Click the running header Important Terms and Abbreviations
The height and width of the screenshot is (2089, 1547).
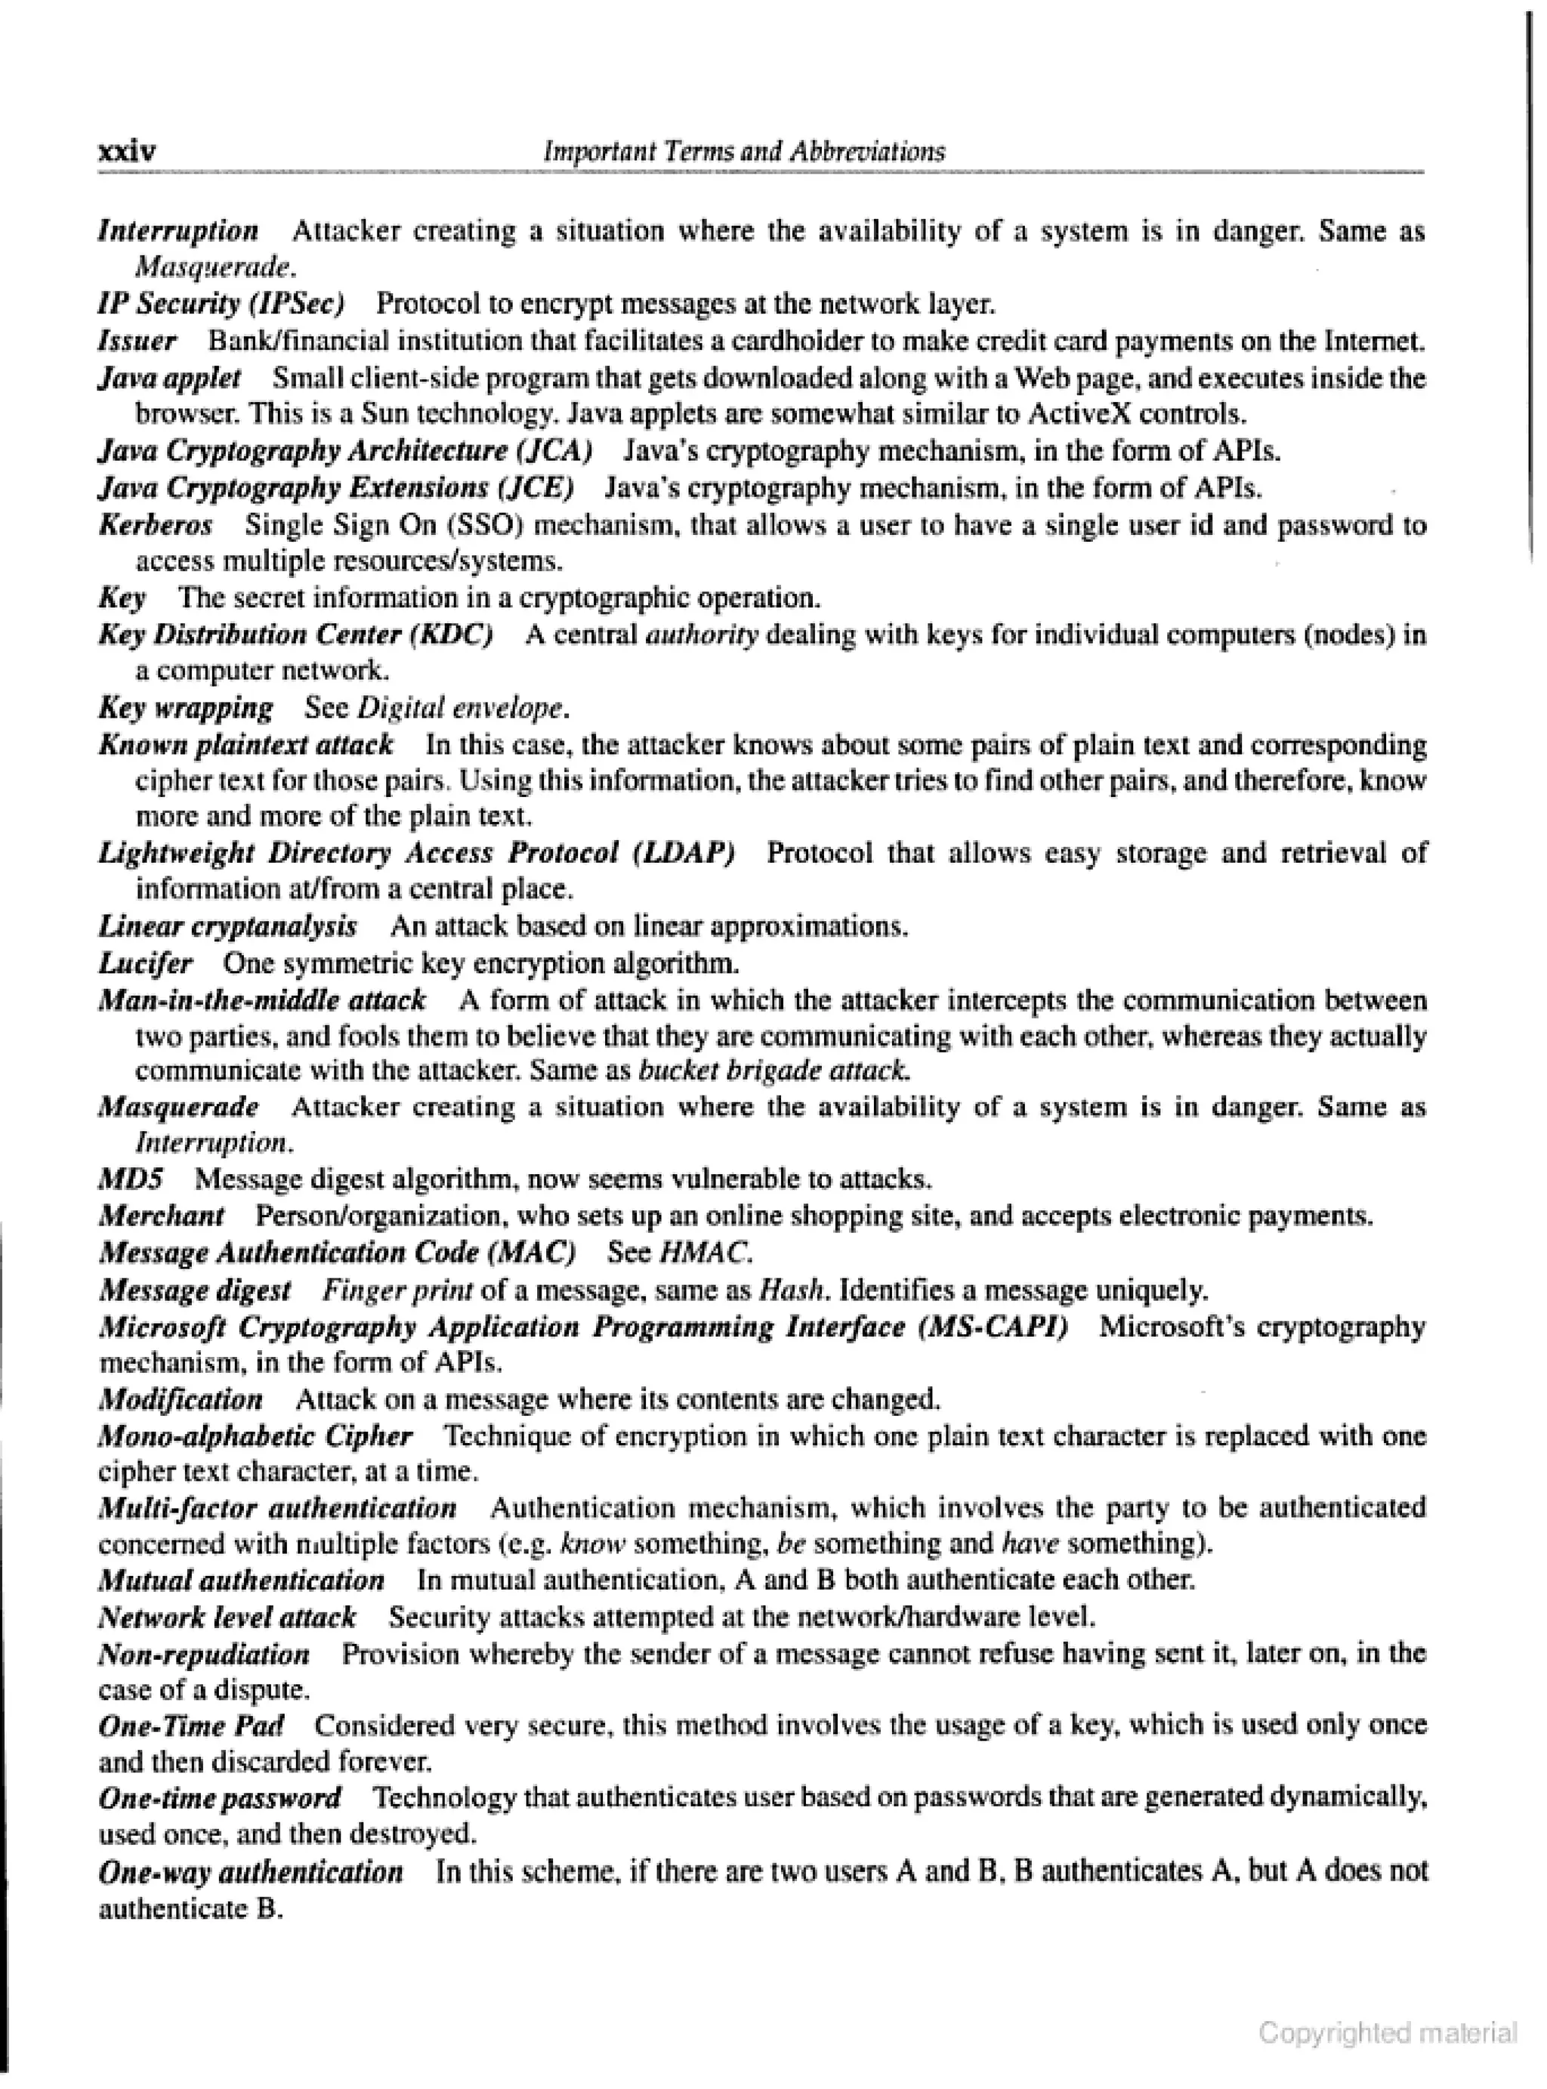click(x=745, y=151)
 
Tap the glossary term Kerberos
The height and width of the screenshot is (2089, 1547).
click(x=156, y=524)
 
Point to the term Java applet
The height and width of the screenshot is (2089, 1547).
click(x=169, y=379)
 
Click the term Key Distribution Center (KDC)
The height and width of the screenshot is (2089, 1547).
click(x=296, y=634)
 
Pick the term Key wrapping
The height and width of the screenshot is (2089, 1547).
click(x=185, y=707)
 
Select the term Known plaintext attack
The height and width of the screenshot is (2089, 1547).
click(x=246, y=744)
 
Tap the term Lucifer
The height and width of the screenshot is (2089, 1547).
click(x=145, y=963)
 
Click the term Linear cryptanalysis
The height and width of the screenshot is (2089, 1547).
click(x=227, y=926)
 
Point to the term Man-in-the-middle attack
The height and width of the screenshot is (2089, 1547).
click(x=262, y=1000)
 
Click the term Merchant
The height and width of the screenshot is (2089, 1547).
click(x=161, y=1216)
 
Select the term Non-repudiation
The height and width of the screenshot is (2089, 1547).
click(x=204, y=1655)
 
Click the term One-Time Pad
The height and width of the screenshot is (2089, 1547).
click(x=191, y=1725)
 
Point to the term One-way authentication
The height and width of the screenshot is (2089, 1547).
click(x=251, y=1871)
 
